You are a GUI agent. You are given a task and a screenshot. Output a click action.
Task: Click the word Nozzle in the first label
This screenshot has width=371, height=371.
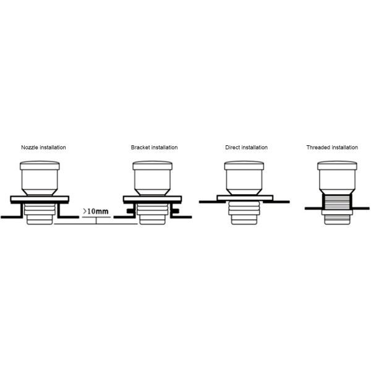[x=29, y=148]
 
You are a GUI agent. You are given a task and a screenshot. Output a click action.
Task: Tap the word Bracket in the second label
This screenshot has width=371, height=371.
[x=140, y=148]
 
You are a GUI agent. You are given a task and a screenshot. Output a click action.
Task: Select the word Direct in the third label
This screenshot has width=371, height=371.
[x=233, y=148]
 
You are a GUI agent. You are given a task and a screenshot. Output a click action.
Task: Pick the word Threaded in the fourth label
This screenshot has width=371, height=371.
[x=317, y=148]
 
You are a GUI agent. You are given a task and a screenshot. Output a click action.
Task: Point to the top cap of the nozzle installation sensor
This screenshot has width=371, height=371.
[x=40, y=166]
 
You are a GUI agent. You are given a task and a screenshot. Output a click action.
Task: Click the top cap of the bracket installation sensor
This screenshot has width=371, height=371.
[x=152, y=166]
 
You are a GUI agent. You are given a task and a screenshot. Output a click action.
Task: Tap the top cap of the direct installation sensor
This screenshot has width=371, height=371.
[x=244, y=166]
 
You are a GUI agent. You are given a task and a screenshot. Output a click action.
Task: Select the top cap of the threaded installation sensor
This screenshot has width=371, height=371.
[x=337, y=166]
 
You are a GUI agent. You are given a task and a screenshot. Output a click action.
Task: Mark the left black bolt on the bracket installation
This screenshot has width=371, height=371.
[x=129, y=212]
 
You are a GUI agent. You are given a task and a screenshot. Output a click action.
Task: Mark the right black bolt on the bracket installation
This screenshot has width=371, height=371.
[x=175, y=212]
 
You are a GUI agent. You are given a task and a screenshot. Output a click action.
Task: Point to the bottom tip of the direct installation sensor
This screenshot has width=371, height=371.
[x=244, y=219]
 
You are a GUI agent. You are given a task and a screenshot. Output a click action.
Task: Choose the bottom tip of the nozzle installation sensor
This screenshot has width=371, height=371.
[x=40, y=221]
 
